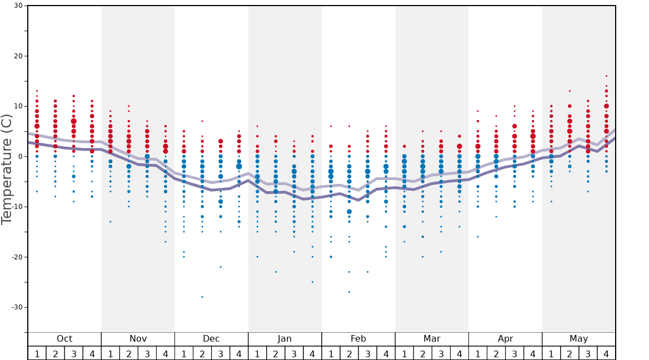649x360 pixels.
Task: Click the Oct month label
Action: point(64,339)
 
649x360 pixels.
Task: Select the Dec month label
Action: point(211,339)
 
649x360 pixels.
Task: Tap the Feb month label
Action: point(358,339)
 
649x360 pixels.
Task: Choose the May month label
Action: point(578,339)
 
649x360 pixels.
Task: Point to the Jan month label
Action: point(284,339)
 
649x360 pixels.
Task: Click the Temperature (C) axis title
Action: point(7,169)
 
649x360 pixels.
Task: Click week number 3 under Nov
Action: point(147,353)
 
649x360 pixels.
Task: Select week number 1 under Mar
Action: point(404,353)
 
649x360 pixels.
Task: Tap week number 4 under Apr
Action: point(533,353)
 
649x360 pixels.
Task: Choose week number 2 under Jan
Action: point(276,353)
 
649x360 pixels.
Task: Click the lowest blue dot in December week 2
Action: point(202,297)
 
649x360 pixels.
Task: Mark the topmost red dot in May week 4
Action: point(606,76)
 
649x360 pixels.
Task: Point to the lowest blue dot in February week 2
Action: point(349,292)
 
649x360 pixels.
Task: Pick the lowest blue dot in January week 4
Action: point(312,282)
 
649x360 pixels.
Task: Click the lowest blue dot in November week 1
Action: point(111,222)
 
